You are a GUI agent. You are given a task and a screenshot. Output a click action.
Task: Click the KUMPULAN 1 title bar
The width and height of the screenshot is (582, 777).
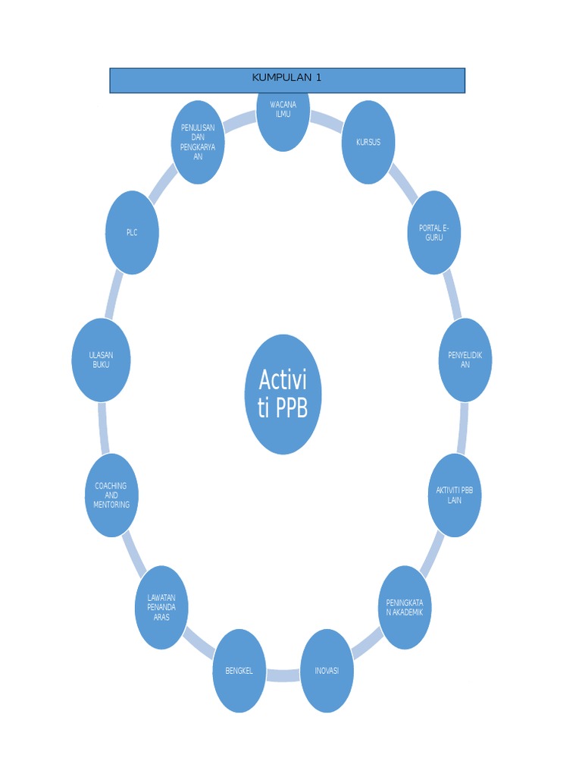[x=286, y=80]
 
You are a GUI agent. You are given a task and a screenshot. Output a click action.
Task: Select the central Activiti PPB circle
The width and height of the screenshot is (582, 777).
[x=283, y=395]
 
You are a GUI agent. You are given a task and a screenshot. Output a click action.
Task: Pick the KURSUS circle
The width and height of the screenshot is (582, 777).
[x=368, y=143]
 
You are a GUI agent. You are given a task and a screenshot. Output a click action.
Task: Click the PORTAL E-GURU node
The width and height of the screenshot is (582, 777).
[x=434, y=232]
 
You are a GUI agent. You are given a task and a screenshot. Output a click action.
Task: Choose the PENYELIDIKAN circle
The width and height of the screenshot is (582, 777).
[x=465, y=360]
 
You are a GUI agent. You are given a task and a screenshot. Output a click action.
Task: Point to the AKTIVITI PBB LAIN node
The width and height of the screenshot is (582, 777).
[x=455, y=495]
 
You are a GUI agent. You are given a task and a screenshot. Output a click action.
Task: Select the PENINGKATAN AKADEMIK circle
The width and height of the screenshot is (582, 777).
[x=405, y=607]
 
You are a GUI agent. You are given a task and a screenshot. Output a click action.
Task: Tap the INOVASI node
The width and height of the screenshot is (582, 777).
[x=327, y=671]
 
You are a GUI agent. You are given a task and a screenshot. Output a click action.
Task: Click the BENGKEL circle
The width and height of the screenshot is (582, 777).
[x=239, y=671]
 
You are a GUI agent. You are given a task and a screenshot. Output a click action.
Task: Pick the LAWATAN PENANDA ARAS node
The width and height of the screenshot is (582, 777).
[x=161, y=607]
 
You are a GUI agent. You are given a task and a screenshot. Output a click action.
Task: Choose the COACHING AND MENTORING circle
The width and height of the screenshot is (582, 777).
[x=111, y=495]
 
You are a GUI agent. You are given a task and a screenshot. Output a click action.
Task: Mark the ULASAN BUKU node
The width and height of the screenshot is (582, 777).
[x=102, y=360]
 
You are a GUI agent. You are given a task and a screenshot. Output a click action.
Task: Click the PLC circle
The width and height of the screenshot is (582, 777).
[x=132, y=232]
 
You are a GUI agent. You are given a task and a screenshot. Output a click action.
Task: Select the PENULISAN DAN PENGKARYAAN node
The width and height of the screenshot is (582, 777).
[x=198, y=143]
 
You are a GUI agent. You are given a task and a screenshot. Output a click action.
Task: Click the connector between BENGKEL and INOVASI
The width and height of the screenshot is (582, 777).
[x=283, y=675]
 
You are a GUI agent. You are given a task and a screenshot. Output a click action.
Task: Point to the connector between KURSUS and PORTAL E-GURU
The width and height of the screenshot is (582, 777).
[x=403, y=184]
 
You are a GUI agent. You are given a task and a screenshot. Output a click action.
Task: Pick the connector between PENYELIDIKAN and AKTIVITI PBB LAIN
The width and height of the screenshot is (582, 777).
[x=462, y=427]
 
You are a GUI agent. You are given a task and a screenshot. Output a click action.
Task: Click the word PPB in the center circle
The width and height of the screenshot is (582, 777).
[x=293, y=409]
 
